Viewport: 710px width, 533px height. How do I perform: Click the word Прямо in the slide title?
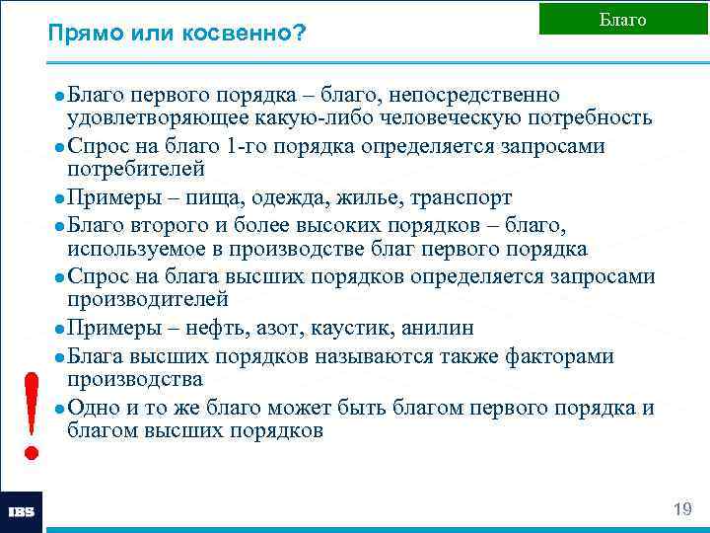[x=80, y=34]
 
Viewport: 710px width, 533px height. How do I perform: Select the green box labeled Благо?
[x=623, y=20]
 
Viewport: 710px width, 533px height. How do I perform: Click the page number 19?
[x=681, y=509]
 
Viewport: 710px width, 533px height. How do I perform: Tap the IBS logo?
[x=21, y=512]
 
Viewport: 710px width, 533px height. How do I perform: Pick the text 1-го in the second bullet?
[x=246, y=146]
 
